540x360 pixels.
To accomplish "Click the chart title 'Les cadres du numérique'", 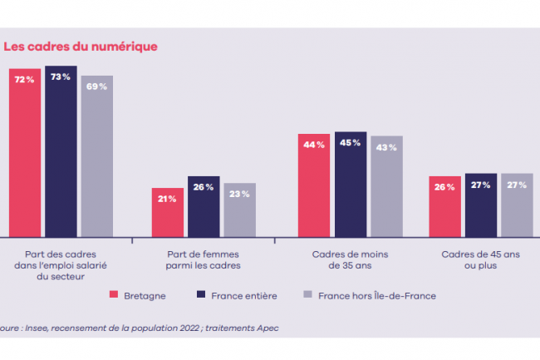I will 80,47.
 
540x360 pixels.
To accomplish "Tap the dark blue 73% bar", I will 61,150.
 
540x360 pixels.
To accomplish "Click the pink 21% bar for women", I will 167,212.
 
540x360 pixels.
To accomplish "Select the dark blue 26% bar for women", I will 204,206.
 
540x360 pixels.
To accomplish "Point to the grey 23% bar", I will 239,210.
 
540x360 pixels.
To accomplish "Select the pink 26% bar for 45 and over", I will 444,206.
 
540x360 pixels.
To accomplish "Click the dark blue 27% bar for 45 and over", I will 480,205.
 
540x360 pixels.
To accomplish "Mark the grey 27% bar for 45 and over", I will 517,205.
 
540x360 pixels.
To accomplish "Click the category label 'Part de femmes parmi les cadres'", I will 204,260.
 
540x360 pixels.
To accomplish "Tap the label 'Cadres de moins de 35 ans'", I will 350,260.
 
